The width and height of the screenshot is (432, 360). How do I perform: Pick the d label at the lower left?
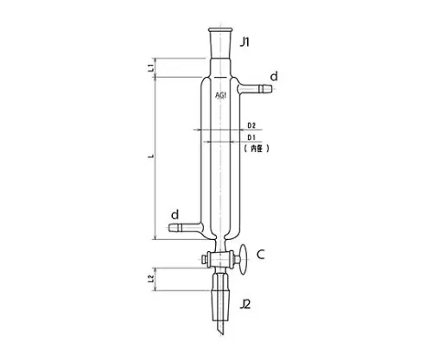pos(175,212)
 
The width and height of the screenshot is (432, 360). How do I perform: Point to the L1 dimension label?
pos(150,66)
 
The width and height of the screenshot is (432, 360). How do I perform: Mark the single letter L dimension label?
pos(150,156)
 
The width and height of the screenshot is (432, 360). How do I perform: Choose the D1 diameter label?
pos(251,137)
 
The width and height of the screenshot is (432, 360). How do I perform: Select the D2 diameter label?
pos(251,126)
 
